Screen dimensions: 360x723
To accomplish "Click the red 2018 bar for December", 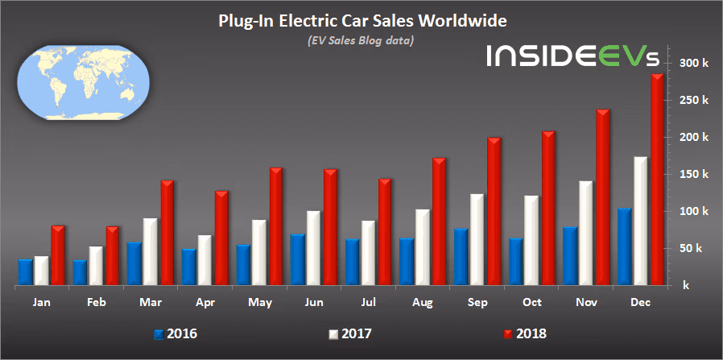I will (x=657, y=180).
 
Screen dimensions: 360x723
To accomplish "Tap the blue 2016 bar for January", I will (x=25, y=272).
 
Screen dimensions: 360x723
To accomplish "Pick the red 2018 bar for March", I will (x=167, y=233).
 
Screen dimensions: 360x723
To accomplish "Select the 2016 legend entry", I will (x=175, y=332).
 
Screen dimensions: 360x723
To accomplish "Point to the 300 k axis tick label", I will (x=694, y=63).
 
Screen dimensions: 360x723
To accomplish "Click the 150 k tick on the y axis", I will (x=694, y=174).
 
